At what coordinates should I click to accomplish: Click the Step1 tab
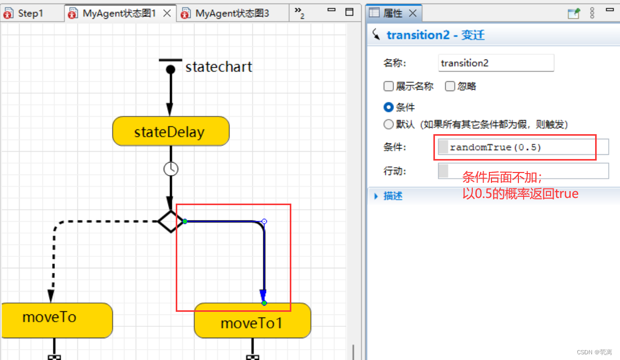click(x=30, y=13)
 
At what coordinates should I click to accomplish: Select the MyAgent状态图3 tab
click(x=232, y=13)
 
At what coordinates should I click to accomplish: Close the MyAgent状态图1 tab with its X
click(x=167, y=13)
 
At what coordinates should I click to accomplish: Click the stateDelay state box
click(x=170, y=132)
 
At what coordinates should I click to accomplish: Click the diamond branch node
click(x=170, y=222)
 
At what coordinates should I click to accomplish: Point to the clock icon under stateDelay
click(x=171, y=168)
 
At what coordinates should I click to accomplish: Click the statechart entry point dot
click(x=170, y=69)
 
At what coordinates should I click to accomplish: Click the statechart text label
click(x=219, y=67)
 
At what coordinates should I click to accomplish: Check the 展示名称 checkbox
click(x=388, y=87)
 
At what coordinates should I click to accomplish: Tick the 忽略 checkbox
click(x=450, y=87)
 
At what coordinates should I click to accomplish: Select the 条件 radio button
click(x=388, y=108)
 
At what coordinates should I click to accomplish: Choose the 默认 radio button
click(x=388, y=124)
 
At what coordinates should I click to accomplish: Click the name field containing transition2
click(x=496, y=63)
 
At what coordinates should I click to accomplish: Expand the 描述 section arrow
click(x=376, y=196)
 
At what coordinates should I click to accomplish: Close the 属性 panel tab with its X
click(x=413, y=13)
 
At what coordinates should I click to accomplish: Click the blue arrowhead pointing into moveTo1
click(x=263, y=296)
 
